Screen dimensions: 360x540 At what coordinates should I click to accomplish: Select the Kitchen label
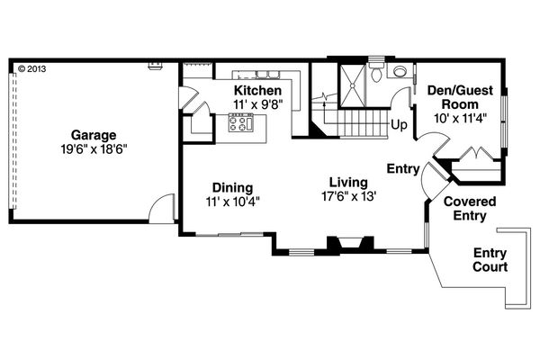tap(258, 91)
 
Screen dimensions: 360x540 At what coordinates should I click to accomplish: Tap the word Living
tap(346, 181)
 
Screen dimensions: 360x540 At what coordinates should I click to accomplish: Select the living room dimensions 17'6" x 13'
tap(347, 195)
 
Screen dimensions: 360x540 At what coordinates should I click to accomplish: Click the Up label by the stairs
tap(398, 125)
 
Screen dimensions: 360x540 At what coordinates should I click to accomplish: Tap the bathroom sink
tap(379, 76)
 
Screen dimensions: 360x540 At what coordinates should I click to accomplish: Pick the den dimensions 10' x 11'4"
tap(461, 117)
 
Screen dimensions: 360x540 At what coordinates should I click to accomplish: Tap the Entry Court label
tap(490, 260)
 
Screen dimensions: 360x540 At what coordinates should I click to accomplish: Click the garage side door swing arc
tap(159, 209)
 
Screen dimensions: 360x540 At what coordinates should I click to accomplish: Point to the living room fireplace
tap(347, 242)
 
